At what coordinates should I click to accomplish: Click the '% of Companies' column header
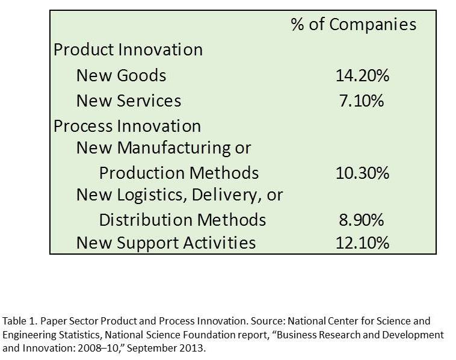pos(353,24)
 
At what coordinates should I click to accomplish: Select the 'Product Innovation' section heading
pos(128,49)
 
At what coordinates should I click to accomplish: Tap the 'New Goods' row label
pos(121,75)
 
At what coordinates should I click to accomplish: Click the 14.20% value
pos(363,75)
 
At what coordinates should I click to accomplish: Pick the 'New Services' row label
pos(128,101)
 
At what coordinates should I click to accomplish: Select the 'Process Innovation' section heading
pos(127,126)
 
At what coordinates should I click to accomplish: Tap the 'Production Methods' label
pos(179,173)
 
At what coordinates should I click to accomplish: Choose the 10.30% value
pos(363,173)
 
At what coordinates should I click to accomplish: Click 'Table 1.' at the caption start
pos(18,321)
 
